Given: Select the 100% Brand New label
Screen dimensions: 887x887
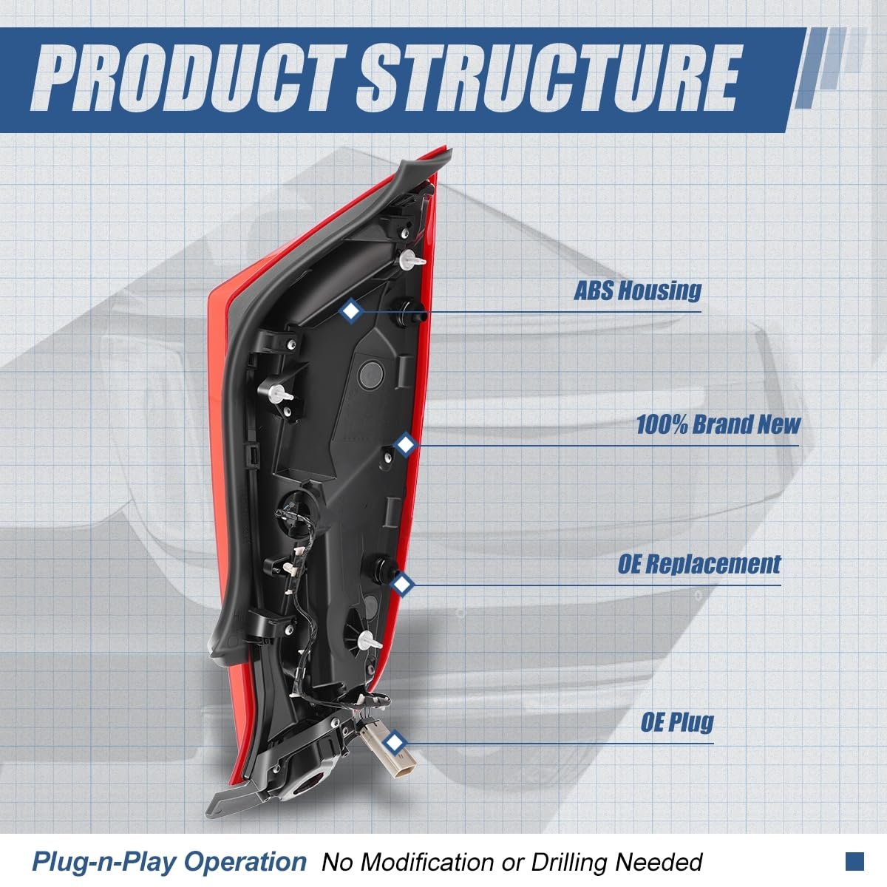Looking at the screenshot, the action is click(x=718, y=424).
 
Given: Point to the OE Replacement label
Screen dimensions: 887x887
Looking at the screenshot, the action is click(x=699, y=564).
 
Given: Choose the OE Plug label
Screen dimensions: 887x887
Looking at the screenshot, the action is click(x=676, y=722).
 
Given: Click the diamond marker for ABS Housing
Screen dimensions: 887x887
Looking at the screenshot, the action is click(x=351, y=311).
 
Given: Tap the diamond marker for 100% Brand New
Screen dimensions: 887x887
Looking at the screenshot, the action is click(x=406, y=445).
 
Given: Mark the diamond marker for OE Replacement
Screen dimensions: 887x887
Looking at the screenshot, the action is click(x=403, y=585).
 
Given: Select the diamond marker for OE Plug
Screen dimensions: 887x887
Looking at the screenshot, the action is click(x=393, y=742).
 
